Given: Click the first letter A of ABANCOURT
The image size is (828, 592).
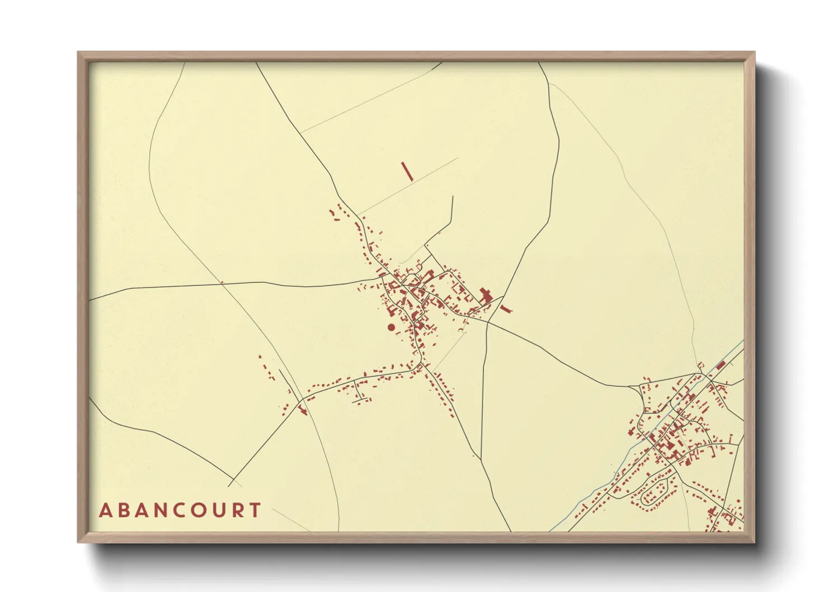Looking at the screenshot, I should pos(105,510).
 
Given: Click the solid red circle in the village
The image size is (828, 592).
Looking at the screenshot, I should pos(391,327).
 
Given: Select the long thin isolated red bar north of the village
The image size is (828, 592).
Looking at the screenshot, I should pos(407,171).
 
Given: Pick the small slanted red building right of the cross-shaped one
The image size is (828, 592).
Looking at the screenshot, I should pos(506,309).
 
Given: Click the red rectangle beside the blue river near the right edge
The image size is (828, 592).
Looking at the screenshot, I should pos(721,365).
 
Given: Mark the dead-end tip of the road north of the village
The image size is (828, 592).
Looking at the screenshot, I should pos(452,196).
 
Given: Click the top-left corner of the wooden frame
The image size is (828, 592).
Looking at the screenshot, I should pos(78,53).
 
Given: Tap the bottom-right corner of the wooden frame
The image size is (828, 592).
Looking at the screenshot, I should pos(754,542).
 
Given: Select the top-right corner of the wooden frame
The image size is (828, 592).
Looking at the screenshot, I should pos(754,53).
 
